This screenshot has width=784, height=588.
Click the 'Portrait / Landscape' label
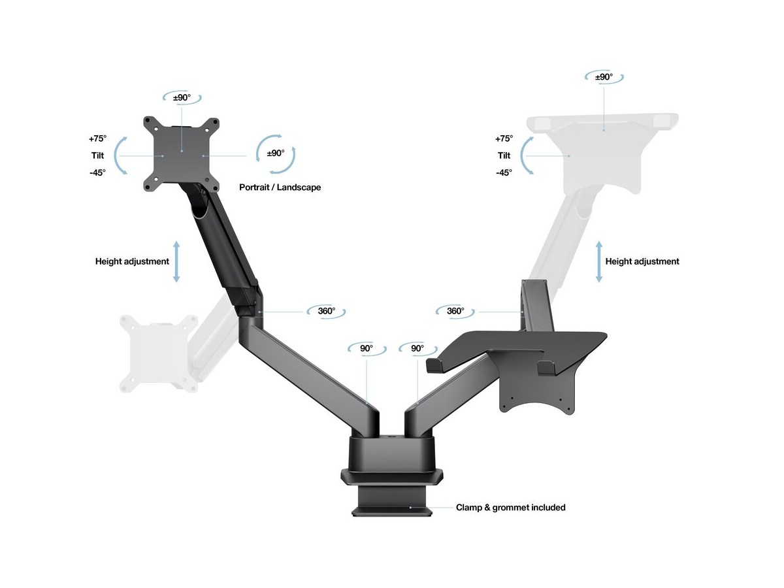point(280,188)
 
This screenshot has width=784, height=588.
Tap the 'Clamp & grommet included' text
point(510,508)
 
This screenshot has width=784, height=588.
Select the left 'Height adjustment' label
point(132,262)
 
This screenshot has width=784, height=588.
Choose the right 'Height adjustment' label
point(642,262)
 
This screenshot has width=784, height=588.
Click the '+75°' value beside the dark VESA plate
point(97,139)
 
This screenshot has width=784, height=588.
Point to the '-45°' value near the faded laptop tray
point(504,172)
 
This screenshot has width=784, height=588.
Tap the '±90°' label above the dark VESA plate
point(182,97)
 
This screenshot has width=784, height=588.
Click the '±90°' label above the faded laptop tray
point(604,77)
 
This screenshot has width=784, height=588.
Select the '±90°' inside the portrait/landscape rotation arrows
point(276,153)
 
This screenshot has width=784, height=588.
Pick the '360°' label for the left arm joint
point(327,311)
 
